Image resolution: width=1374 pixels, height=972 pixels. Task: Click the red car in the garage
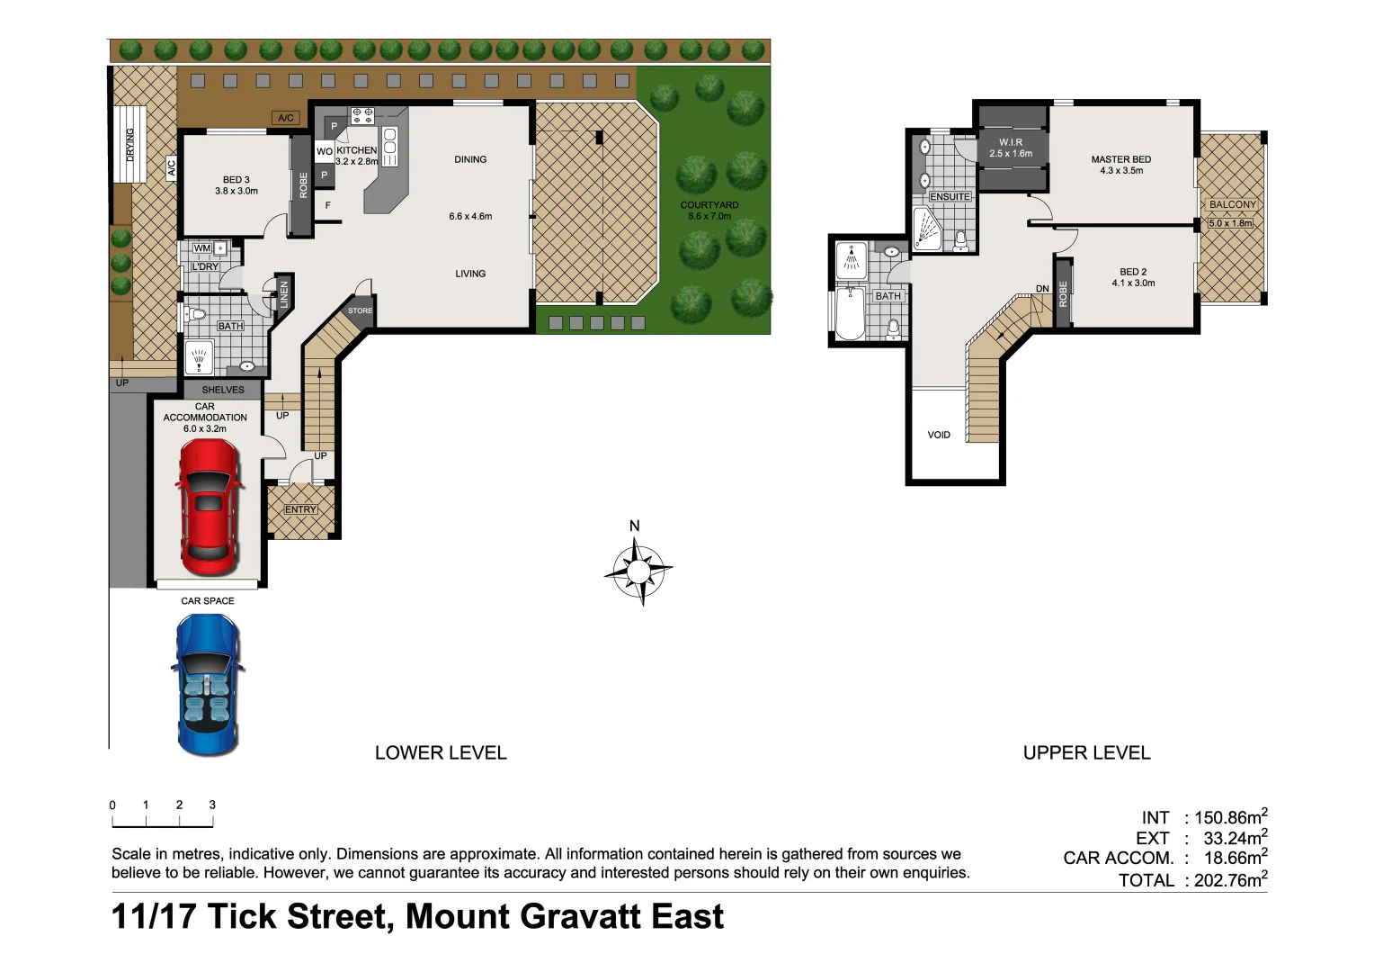pyautogui.click(x=208, y=508)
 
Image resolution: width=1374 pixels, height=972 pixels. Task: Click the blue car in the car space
pyautogui.click(x=207, y=684)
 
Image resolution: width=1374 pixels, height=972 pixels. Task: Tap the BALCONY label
pyautogui.click(x=1232, y=204)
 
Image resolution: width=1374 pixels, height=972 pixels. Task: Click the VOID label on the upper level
pyautogui.click(x=939, y=435)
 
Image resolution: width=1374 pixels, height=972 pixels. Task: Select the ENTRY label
pyautogui.click(x=300, y=509)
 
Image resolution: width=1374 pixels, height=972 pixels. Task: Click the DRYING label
pyautogui.click(x=129, y=144)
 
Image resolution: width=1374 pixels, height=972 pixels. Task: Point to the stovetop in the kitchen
pyautogui.click(x=361, y=115)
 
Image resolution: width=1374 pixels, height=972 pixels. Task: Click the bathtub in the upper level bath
pyautogui.click(x=850, y=313)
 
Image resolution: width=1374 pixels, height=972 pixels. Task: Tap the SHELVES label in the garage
pyautogui.click(x=223, y=390)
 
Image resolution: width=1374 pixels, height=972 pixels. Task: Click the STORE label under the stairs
pyautogui.click(x=360, y=310)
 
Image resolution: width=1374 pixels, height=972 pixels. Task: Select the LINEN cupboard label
pyautogui.click(x=284, y=294)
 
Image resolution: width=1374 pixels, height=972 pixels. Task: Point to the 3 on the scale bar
pyautogui.click(x=212, y=805)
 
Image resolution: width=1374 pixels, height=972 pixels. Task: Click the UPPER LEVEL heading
pyautogui.click(x=1086, y=752)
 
